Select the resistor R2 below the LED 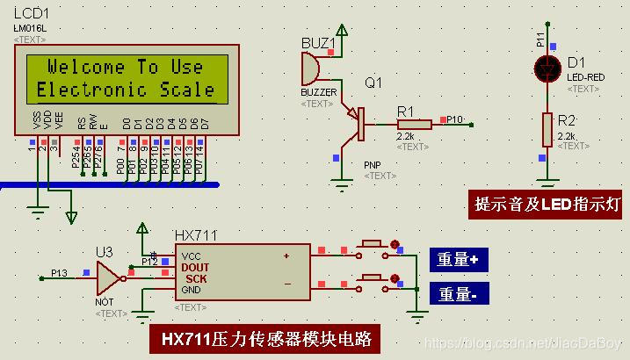(546, 130)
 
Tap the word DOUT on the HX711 (195, 266)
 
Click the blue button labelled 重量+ (457, 259)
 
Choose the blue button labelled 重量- (457, 294)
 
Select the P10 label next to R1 (454, 118)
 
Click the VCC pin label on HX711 (191, 255)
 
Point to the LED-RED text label (586, 77)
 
